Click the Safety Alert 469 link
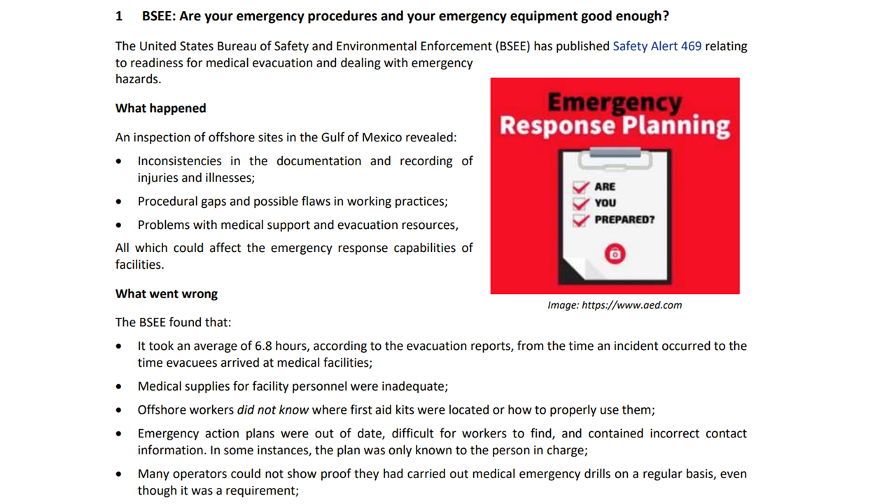657,46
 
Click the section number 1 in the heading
119,15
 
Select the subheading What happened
160,108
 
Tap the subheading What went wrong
166,294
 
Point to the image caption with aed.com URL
614,305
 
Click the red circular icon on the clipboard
615,253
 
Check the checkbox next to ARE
580,187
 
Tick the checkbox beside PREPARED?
580,220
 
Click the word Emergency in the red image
614,103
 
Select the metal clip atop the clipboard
615,153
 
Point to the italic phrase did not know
273,410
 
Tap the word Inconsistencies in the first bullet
179,161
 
